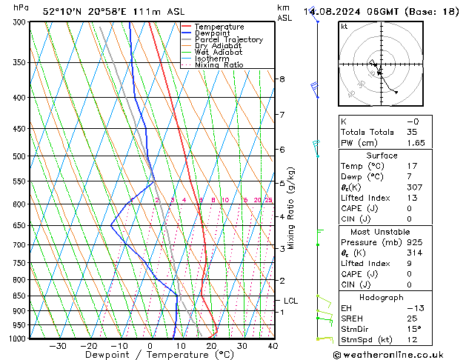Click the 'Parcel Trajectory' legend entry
click(x=228, y=39)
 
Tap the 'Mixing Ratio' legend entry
click(x=219, y=65)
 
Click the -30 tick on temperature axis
click(x=58, y=346)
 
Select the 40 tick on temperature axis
click(x=273, y=346)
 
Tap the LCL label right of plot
click(x=290, y=301)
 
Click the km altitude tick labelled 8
click(x=282, y=79)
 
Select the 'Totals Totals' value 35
click(x=412, y=132)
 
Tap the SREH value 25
click(x=412, y=319)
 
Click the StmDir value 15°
click(x=414, y=329)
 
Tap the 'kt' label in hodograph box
click(x=344, y=27)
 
